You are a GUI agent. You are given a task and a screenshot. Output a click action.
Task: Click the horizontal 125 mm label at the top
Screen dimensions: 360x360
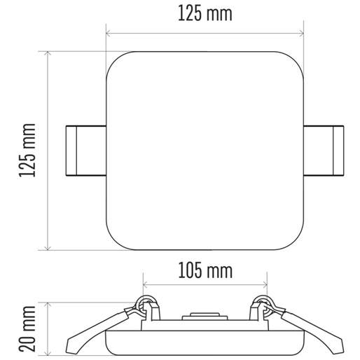coord(205,13)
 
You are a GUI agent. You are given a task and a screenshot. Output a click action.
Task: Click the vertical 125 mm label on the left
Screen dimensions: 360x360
coord(27,151)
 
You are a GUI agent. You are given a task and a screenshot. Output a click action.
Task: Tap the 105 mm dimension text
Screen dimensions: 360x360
coord(205,270)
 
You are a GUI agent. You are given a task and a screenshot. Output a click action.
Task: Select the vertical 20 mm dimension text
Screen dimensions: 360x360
coord(27,328)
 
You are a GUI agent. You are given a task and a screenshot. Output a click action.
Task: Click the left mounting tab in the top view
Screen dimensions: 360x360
coord(86,151)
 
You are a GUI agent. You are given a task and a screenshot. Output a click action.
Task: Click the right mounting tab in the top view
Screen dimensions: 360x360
coord(324,151)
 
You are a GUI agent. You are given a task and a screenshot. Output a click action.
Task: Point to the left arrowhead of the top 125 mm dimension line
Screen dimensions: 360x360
coord(108,34)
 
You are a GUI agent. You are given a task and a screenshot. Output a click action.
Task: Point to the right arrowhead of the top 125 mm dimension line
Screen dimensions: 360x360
coord(301,34)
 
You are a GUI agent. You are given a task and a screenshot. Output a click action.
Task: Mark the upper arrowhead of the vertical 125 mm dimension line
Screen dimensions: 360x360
coord(48,53)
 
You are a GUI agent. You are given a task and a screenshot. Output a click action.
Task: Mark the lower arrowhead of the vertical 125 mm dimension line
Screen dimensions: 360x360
coord(48,248)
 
